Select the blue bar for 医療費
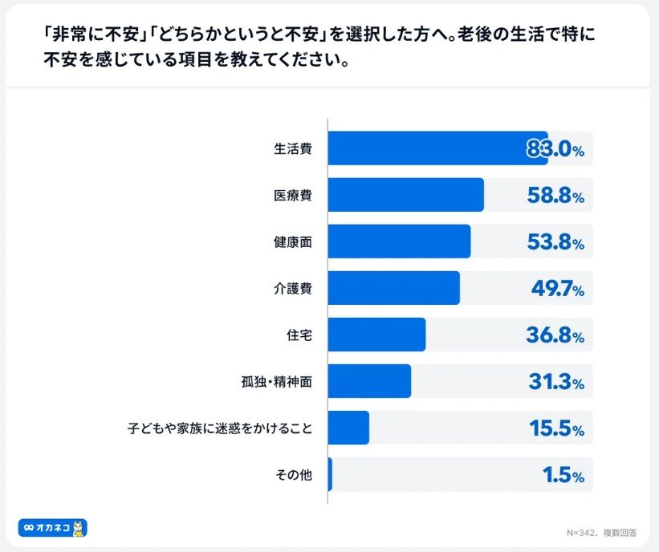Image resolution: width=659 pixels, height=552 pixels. pyautogui.click(x=406, y=195)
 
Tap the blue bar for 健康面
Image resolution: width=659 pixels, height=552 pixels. pyautogui.click(x=400, y=241)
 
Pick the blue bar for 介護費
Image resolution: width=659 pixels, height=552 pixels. pyautogui.click(x=394, y=288)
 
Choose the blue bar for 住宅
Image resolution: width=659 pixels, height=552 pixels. pyautogui.click(x=377, y=335)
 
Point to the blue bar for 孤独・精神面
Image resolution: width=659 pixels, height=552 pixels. pyautogui.click(x=370, y=381)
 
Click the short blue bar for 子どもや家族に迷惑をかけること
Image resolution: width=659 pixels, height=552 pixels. pyautogui.click(x=349, y=428)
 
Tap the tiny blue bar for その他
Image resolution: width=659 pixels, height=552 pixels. pyautogui.click(x=330, y=474)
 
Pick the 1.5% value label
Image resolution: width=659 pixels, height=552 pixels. pyautogui.click(x=563, y=475)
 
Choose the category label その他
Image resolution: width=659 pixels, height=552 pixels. pyautogui.click(x=294, y=475)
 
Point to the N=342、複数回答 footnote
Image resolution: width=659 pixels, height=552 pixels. pyautogui.click(x=602, y=531)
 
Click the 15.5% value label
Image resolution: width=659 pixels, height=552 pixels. pyautogui.click(x=556, y=428)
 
